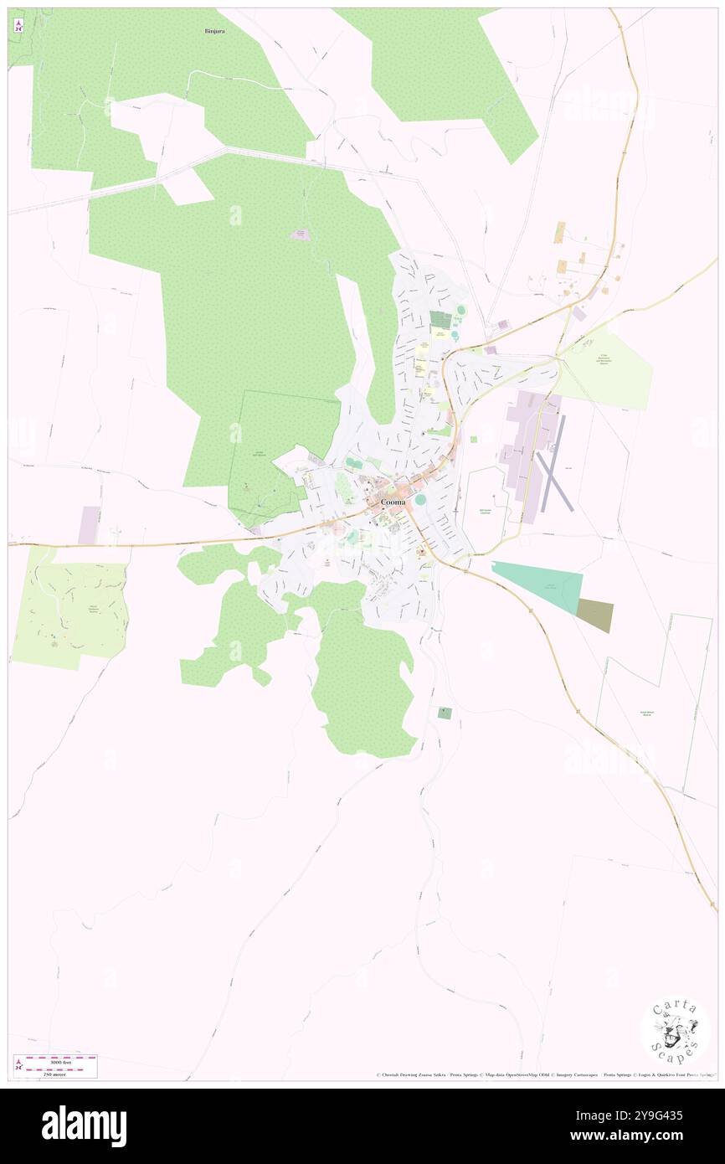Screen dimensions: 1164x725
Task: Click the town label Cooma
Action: (393, 502)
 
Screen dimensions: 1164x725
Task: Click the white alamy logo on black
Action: (84, 1126)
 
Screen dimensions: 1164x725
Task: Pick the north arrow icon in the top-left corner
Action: (18, 26)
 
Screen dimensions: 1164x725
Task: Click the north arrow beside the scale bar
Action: (18, 1065)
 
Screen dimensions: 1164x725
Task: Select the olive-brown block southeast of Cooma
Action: (595, 616)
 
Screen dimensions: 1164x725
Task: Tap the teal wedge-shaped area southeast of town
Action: (544, 584)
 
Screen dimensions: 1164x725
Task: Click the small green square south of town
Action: (445, 713)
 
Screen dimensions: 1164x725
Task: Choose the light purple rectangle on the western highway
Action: (89, 525)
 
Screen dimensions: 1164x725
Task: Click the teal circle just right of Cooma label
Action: (419, 500)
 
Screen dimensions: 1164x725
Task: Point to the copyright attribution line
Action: (544, 1075)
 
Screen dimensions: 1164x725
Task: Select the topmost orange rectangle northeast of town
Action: (559, 232)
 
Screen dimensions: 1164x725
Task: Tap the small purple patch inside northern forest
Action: (300, 235)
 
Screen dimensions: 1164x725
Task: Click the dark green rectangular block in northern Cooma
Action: (440, 320)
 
